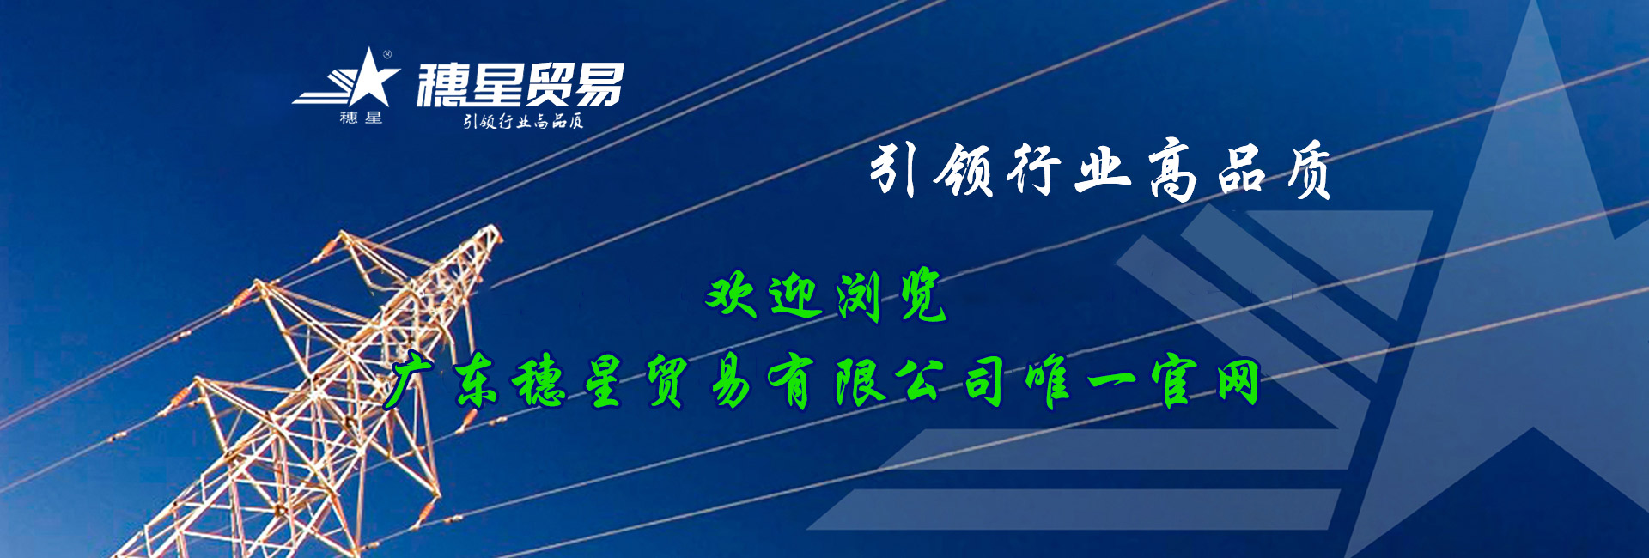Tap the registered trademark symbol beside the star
coord(387,55)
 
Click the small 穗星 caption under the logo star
coord(361,118)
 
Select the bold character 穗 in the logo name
coord(443,85)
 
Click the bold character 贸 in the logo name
coord(547,85)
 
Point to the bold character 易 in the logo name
coord(599,85)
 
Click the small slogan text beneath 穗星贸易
coord(523,121)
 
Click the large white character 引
coord(892,169)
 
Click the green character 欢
coord(731,295)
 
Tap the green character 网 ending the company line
coord(1238,382)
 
